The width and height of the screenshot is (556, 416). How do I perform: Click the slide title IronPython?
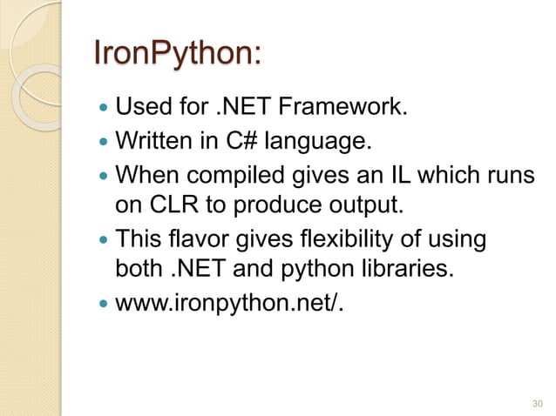177,57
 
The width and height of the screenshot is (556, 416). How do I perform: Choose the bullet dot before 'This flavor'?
103,238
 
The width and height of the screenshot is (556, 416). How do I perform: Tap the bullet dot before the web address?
103,302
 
